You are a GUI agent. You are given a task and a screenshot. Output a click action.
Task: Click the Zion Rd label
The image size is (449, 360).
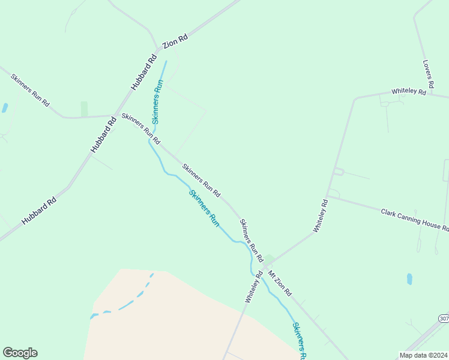175,41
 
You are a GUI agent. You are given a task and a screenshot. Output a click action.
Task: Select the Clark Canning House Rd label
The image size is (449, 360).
414,219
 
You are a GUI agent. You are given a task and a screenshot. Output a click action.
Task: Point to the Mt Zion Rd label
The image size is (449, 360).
280,284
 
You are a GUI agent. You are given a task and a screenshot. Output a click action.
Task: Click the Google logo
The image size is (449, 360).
20,353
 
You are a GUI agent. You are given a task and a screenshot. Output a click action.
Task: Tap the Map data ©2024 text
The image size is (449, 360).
424,355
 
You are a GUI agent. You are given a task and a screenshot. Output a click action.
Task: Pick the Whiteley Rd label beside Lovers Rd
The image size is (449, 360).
408,92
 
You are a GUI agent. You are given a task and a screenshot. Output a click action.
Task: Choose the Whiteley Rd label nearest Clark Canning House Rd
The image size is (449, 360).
321,216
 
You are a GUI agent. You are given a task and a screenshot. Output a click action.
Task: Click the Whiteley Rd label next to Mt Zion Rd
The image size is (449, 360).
254,287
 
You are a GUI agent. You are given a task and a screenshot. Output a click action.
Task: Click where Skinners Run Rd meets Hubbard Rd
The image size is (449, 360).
113,115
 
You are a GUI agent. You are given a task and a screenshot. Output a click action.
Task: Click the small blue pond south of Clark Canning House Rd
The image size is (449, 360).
409,279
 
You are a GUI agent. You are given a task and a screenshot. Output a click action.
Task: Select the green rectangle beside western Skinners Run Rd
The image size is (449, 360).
84,109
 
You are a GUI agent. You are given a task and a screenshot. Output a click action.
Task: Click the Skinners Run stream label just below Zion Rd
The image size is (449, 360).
157,101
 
